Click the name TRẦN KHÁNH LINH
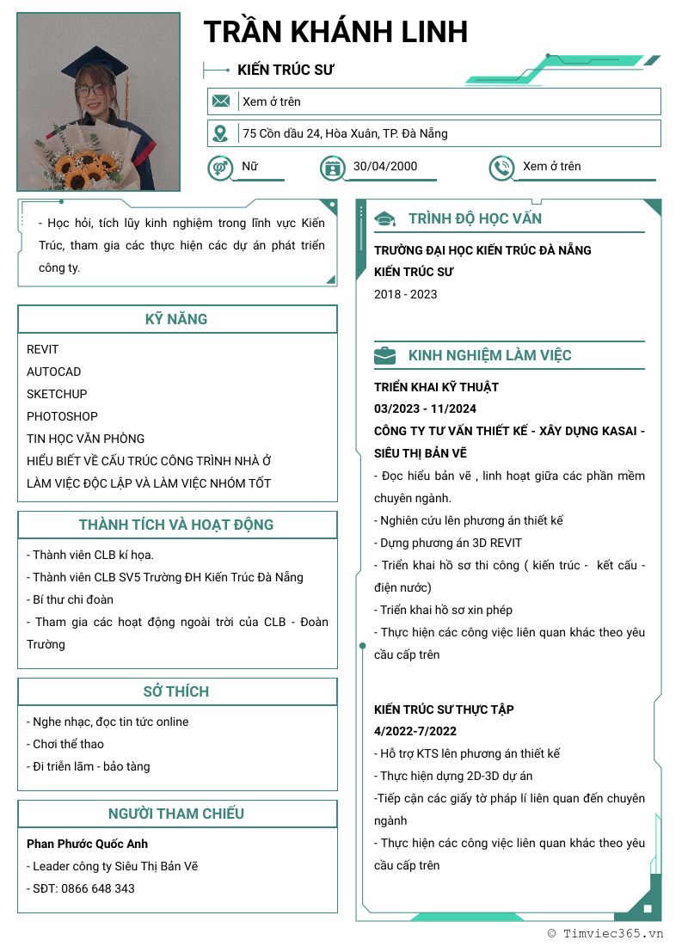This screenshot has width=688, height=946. pyautogui.click(x=335, y=33)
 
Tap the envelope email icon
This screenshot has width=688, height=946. pyautogui.click(x=221, y=101)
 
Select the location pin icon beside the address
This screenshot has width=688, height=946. pyautogui.click(x=221, y=133)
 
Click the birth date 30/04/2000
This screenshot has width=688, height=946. pyautogui.click(x=384, y=167)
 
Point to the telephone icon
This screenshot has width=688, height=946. pyautogui.click(x=501, y=167)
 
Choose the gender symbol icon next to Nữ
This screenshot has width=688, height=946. pyautogui.click(x=220, y=167)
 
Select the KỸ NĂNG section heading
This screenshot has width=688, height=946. pyautogui.click(x=176, y=319)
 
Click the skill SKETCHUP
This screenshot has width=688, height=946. pyautogui.click(x=57, y=394)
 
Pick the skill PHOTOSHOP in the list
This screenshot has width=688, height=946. pyautogui.click(x=62, y=416)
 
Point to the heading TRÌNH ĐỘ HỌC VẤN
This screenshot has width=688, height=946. pyautogui.click(x=475, y=218)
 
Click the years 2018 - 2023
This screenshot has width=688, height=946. pyautogui.click(x=405, y=294)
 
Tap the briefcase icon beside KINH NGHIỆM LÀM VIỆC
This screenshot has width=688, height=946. pyautogui.click(x=384, y=355)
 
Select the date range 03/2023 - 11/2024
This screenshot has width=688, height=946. pyautogui.click(x=425, y=408)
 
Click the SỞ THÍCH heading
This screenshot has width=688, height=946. pyautogui.click(x=176, y=691)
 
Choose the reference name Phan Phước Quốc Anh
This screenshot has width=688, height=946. pyautogui.click(x=87, y=844)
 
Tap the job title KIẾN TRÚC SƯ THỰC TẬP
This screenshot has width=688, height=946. pyautogui.click(x=444, y=709)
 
